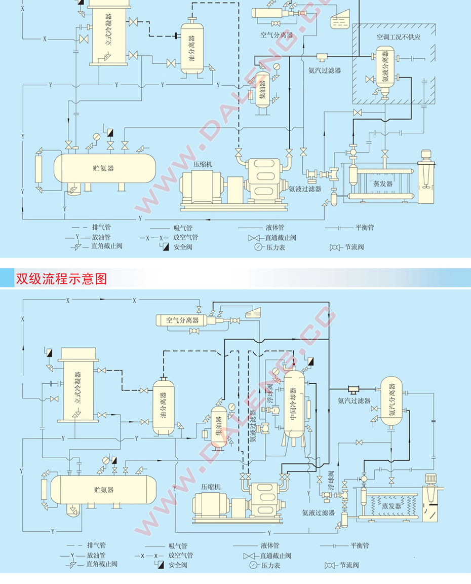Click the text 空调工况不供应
click(x=399, y=37)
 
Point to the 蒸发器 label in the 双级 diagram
click(x=391, y=506)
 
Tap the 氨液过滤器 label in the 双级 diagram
click(x=318, y=513)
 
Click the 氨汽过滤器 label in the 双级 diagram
click(x=354, y=400)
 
